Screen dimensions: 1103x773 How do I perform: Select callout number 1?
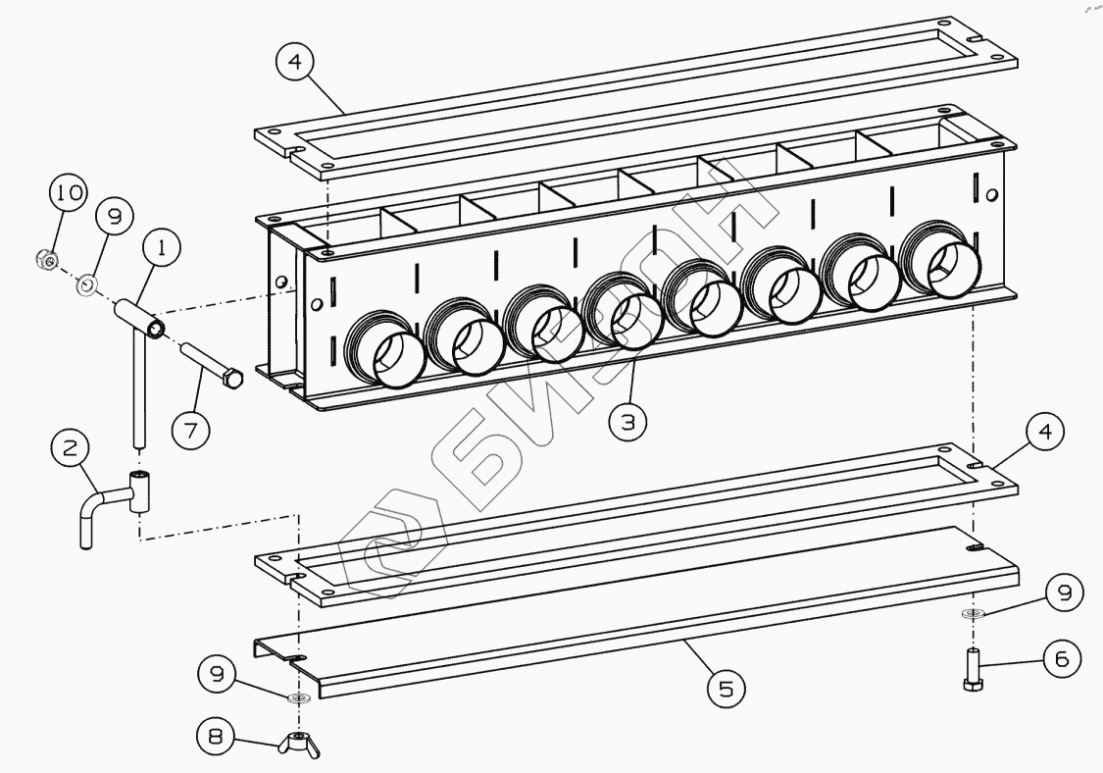pyautogui.click(x=163, y=248)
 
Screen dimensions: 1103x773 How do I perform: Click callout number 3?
pyautogui.click(x=627, y=422)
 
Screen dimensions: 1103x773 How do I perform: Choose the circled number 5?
pyautogui.click(x=726, y=688)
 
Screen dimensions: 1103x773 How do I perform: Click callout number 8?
pyautogui.click(x=216, y=734)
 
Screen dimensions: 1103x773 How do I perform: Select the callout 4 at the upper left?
pyautogui.click(x=295, y=63)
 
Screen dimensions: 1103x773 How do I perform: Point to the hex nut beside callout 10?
pyautogui.click(x=43, y=260)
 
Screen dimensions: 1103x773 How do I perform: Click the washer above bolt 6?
pyautogui.click(x=973, y=614)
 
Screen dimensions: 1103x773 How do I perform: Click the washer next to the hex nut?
pyautogui.click(x=86, y=284)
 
